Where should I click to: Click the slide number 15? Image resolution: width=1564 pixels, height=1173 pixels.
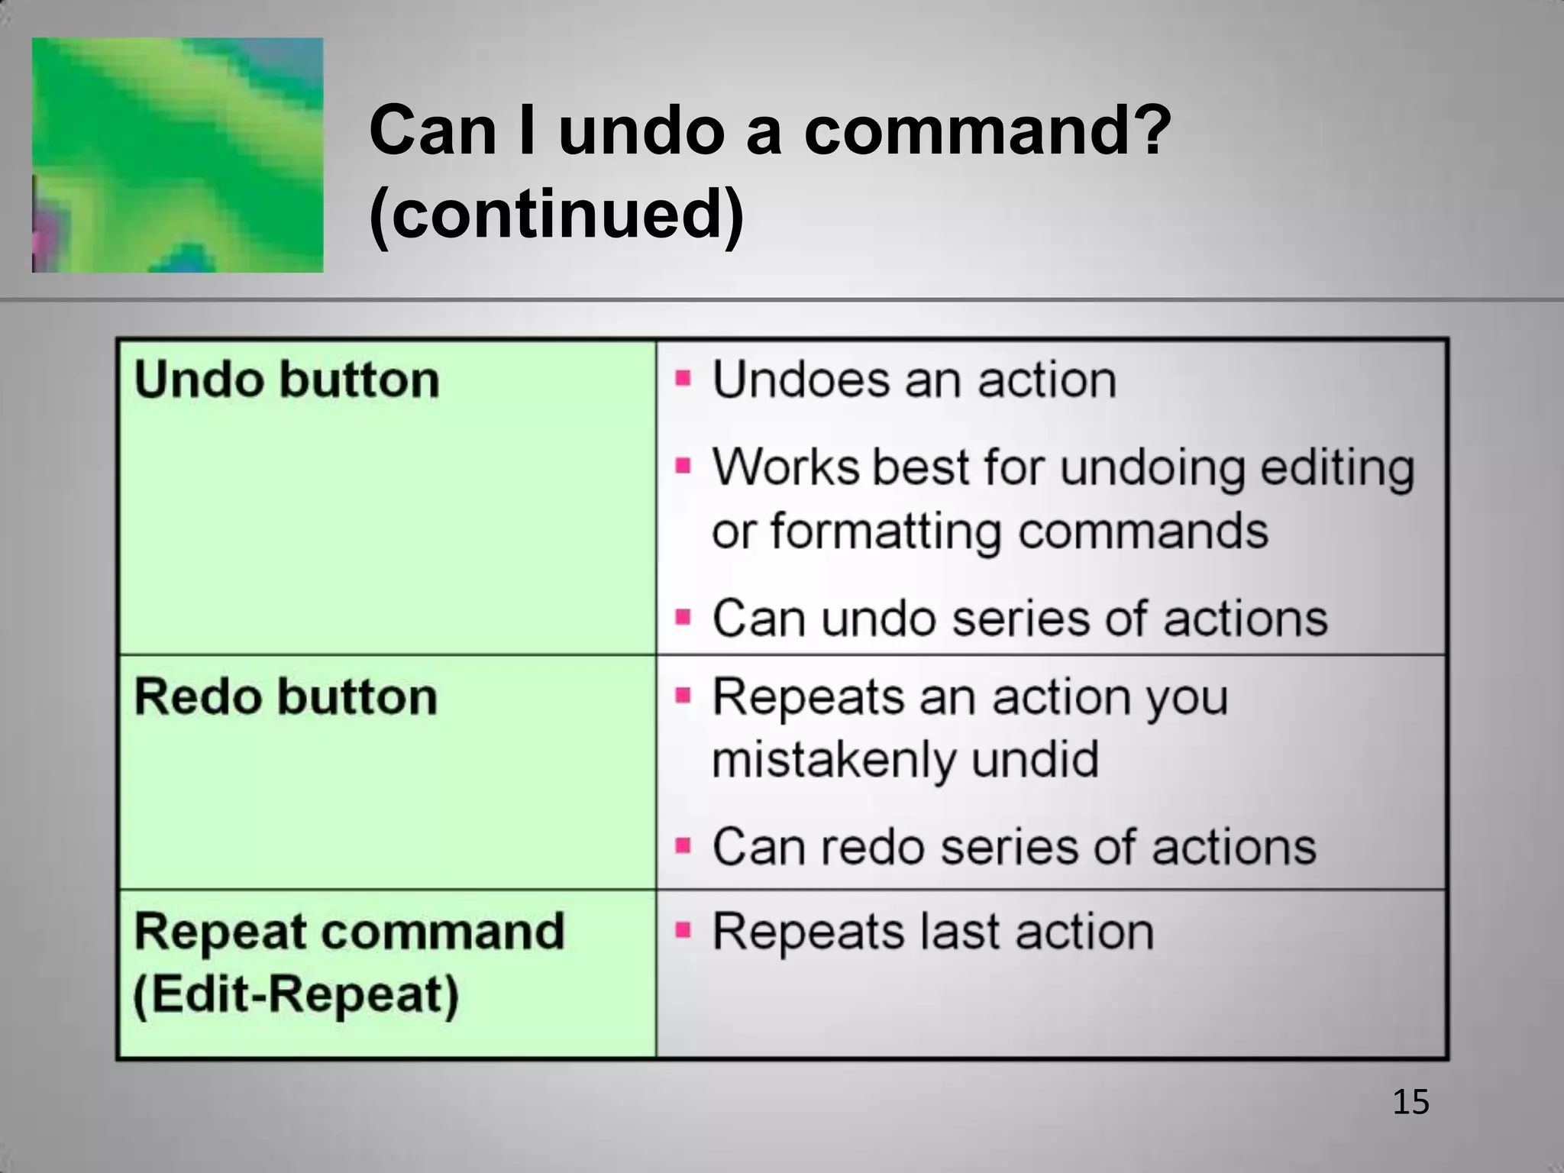point(1411,1102)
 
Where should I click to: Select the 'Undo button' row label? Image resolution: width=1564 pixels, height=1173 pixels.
point(286,380)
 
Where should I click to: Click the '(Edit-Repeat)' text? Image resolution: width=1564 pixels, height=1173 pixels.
point(296,995)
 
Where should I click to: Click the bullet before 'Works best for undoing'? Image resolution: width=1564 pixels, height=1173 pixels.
point(683,466)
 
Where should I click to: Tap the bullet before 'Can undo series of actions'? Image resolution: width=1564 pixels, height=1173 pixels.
point(683,616)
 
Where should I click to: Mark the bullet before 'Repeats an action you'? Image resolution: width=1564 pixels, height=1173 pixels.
point(683,696)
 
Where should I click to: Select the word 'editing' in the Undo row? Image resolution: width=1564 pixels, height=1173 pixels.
point(1336,467)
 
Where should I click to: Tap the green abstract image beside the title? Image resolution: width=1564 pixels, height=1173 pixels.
point(177,155)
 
